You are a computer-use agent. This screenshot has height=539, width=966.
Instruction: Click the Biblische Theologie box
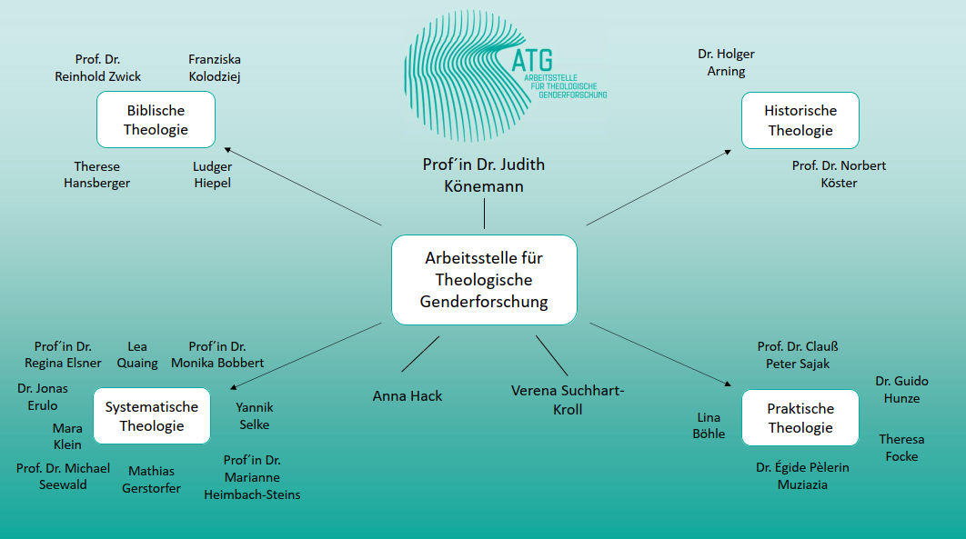156,120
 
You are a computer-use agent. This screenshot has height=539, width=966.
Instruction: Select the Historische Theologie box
800,120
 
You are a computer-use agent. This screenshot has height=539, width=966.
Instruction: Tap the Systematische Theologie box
151,417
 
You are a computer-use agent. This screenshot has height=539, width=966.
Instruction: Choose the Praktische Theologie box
800,418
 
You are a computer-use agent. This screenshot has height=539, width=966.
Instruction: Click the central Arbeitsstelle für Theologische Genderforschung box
484,280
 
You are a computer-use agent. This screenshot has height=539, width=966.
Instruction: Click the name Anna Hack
408,396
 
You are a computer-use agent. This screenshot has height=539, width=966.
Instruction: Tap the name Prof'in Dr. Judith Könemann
484,175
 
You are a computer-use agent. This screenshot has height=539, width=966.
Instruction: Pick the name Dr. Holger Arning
726,63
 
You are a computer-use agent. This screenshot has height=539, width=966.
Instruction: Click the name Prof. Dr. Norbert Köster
839,175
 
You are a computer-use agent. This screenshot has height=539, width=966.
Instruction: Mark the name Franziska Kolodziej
215,68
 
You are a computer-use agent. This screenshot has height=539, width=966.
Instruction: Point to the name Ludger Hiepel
212,175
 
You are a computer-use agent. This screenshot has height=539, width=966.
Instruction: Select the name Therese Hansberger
96,175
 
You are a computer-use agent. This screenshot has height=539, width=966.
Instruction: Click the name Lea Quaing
137,354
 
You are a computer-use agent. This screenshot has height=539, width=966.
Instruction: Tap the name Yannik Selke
255,416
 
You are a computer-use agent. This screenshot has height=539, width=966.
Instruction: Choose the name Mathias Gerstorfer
151,480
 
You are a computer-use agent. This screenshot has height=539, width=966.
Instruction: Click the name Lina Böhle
709,425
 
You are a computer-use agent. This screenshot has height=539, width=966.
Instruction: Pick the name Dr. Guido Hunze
901,390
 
